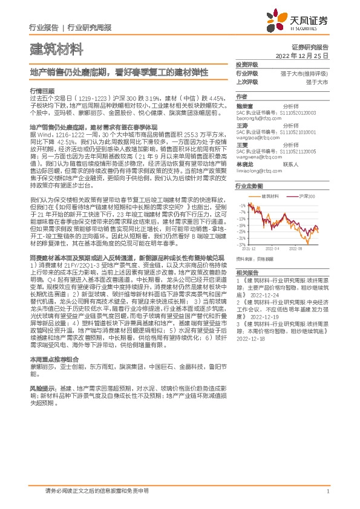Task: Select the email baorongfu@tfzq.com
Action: (x=258, y=117)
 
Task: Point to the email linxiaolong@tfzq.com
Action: (x=258, y=171)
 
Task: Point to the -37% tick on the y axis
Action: (x=241, y=245)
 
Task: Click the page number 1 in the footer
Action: (x=327, y=492)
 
